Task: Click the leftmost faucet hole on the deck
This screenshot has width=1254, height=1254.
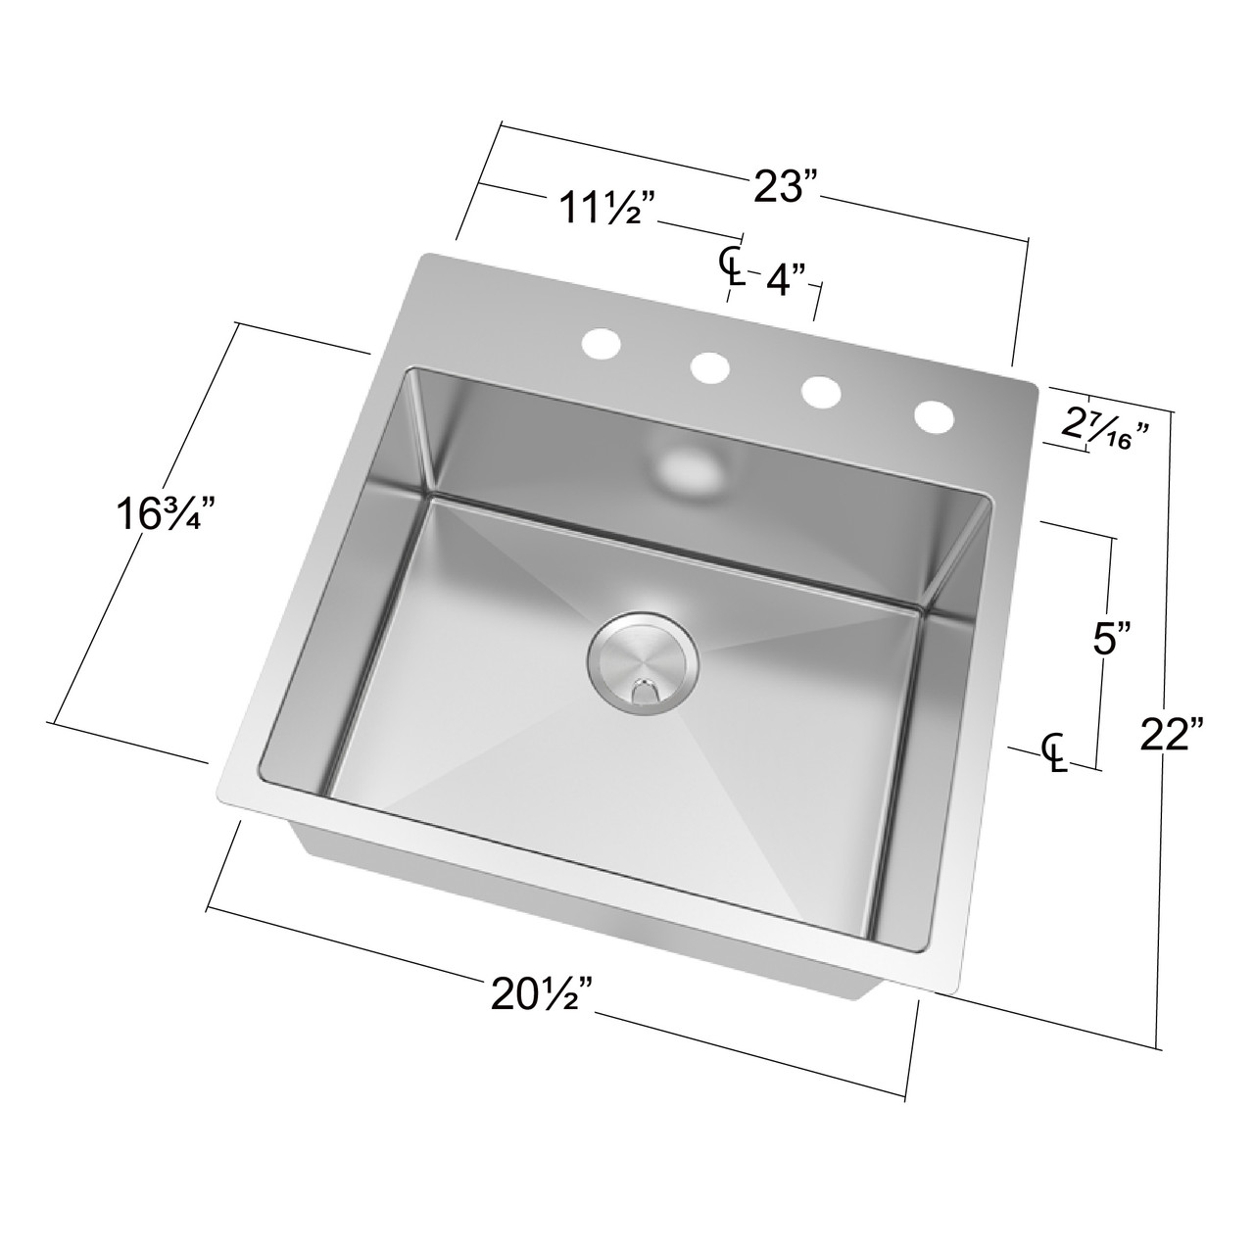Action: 602,345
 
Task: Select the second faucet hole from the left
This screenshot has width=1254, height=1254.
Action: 710,367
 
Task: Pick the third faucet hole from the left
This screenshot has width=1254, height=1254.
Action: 821,391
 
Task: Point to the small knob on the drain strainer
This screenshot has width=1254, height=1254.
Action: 644,691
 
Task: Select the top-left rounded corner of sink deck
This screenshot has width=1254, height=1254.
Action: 425,259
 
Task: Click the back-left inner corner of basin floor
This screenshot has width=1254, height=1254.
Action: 429,496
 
